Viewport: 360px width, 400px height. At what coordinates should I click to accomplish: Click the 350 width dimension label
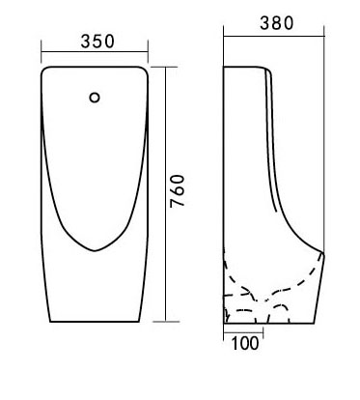click(97, 42)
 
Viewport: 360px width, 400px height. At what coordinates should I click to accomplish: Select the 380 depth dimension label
click(277, 23)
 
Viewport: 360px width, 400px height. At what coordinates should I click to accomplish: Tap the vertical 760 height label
click(178, 191)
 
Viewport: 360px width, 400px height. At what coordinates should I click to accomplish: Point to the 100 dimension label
click(245, 343)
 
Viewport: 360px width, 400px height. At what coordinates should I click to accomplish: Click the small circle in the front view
click(95, 98)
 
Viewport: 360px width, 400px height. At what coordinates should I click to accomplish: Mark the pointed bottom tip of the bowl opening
click(95, 250)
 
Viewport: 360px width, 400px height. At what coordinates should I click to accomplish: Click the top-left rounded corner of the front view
click(44, 70)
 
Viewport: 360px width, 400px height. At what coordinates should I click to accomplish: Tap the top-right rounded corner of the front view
click(145, 70)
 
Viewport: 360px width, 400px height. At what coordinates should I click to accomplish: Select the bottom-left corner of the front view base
click(50, 322)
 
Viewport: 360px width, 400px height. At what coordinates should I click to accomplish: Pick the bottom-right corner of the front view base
click(139, 322)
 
